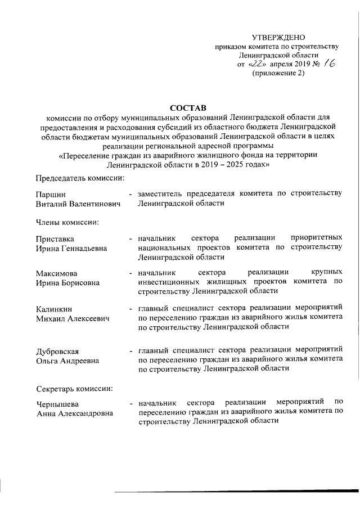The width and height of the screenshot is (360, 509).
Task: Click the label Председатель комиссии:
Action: [x=80, y=178]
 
